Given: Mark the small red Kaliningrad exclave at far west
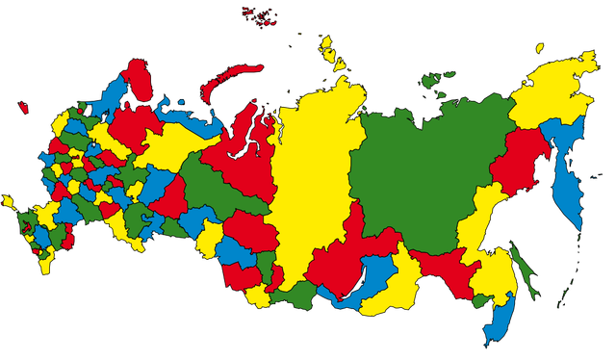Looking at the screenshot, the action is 23,108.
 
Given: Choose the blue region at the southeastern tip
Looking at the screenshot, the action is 500,318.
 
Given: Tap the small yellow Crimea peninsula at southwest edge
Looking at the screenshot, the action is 9,202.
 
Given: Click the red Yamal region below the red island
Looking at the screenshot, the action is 245,154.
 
